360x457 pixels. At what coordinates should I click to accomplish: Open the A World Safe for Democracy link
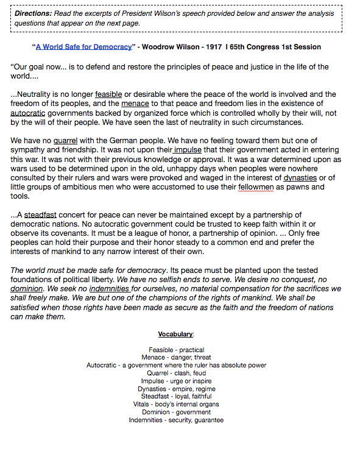(83, 47)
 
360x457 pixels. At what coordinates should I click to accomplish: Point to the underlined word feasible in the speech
(108, 94)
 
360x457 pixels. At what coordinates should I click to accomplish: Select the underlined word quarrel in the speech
(66, 140)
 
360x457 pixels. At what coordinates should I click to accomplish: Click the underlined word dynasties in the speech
(300, 177)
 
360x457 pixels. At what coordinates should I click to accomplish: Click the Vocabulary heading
(176, 335)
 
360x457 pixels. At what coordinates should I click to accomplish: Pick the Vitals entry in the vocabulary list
(176, 404)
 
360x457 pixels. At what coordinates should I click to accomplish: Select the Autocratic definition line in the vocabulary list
(176, 366)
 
